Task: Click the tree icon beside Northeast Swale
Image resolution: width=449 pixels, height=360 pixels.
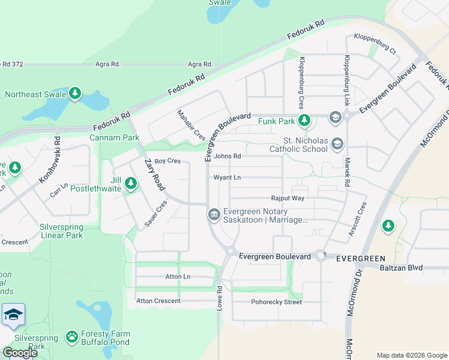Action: coord(74,94)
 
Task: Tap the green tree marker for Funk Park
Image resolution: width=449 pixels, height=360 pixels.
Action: coord(304,121)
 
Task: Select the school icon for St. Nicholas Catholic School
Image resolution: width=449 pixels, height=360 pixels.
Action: coord(337,143)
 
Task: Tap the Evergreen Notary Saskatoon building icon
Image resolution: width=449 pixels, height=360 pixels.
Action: coord(214,214)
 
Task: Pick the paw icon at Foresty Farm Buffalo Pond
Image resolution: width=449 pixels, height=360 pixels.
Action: coord(72,337)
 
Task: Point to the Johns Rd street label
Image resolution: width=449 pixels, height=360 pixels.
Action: coord(228,157)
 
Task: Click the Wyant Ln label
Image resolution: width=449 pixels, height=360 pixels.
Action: coord(227,178)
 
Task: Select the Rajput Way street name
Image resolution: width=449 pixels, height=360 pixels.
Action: coord(288,198)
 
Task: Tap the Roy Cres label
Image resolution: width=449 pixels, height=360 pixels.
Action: coord(167,161)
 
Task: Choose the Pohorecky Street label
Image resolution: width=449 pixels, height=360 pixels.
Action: coord(276,302)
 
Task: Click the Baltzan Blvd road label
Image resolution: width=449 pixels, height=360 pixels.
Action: coord(400,268)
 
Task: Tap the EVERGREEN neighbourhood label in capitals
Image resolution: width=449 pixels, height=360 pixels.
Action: coord(360,258)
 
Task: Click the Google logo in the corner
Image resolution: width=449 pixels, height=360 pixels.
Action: coord(20,352)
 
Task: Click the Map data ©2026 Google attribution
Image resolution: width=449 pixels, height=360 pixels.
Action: coord(412,355)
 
